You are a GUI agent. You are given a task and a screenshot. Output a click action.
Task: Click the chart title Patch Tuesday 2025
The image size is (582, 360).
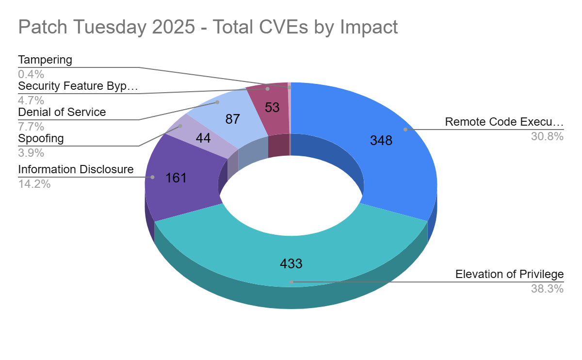(208, 27)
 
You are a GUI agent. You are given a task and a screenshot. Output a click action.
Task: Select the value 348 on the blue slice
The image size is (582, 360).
(381, 141)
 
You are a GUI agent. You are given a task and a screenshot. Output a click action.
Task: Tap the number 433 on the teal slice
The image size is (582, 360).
(291, 263)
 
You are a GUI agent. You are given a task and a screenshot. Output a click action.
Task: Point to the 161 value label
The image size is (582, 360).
(176, 178)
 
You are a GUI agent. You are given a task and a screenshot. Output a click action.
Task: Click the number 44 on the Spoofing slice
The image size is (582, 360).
(203, 138)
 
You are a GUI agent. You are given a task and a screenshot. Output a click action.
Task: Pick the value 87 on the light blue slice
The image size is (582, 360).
(233, 119)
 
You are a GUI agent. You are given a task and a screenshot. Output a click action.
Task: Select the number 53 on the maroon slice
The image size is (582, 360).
(272, 108)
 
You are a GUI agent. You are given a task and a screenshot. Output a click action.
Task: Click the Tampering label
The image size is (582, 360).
(45, 60)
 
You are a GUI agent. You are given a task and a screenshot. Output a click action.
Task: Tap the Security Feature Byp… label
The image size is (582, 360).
(78, 86)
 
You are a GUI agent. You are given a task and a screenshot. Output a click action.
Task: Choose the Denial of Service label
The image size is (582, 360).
(62, 113)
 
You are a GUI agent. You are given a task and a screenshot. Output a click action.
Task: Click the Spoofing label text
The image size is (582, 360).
(41, 139)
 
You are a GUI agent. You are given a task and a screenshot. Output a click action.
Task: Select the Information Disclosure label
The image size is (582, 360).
(76, 170)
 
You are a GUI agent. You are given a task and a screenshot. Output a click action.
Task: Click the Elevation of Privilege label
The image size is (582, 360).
(509, 275)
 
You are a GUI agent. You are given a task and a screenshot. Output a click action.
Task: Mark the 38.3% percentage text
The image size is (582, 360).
(547, 289)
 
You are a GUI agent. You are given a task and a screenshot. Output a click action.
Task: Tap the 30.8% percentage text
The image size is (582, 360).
(547, 137)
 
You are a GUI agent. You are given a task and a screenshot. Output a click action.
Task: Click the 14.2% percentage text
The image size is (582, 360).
(34, 184)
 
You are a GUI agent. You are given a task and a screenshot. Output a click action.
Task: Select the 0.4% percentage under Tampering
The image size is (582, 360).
(31, 74)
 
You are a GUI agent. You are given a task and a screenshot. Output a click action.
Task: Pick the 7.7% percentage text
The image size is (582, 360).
(31, 127)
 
